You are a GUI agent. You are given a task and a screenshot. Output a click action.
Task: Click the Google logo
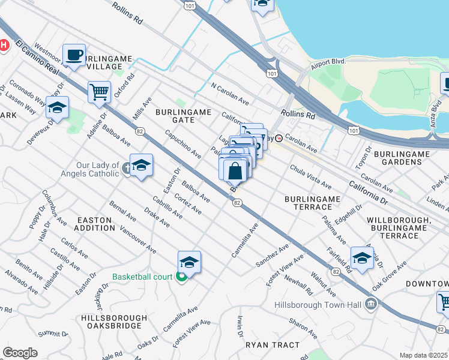pos(20,353)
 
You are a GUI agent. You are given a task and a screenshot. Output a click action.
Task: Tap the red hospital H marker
pos(3,45)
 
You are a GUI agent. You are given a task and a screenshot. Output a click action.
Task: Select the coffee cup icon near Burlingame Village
pos(74,55)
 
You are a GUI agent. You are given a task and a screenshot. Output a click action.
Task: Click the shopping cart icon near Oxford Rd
pos(99,92)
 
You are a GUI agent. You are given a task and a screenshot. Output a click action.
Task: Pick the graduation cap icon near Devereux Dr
pos(58,108)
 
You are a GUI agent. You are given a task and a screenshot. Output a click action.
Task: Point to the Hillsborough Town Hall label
pos(318,305)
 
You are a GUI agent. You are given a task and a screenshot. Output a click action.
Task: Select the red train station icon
pos(279,138)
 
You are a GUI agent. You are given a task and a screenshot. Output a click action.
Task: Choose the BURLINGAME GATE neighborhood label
pos(175,116)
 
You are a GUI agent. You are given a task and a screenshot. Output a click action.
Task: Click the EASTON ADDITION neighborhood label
pos(94,224)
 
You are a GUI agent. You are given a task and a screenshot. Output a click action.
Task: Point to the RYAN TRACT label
pos(272,345)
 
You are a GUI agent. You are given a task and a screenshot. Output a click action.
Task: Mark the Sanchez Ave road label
pos(272,254)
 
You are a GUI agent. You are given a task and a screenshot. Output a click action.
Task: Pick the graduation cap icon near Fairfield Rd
pos(362,258)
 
